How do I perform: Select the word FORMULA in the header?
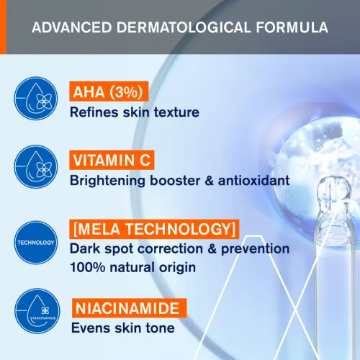pos(292,29)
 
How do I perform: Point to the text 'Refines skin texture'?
pos(134,112)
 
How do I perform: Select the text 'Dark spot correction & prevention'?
pos(179,249)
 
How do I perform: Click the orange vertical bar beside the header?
pos(2,27)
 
